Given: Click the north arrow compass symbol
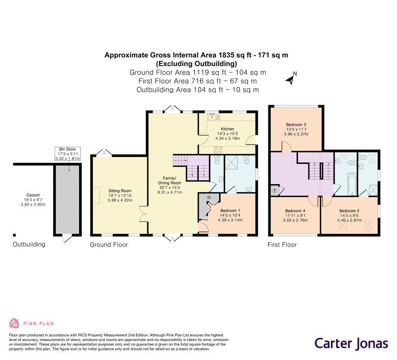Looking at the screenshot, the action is coord(291,78).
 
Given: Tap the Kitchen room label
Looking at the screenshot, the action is coord(227,129).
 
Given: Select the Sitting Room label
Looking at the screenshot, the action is coord(120,191).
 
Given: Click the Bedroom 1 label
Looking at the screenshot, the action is coord(230,211).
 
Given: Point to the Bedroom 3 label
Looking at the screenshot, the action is coord(296,125).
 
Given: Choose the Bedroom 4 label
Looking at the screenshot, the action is coord(295,211).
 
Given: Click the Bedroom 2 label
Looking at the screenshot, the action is coord(349,211).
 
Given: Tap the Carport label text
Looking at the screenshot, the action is coord(33,195).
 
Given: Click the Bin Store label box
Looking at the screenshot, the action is coord(68,153).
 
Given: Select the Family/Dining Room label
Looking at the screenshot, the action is coord(169,180).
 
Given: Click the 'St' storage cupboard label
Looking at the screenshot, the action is coord(209,197).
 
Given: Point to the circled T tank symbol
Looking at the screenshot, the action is coord(275,190).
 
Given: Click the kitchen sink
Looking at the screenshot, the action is coord(212,117).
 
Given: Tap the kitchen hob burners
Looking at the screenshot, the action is coord(218,150).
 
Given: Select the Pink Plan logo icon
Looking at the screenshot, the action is coord(14,323).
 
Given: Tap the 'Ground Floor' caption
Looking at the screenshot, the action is coord(109,244).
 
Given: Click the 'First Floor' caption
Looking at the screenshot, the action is coord(282,244).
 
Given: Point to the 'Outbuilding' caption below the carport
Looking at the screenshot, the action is coord(29,244).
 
